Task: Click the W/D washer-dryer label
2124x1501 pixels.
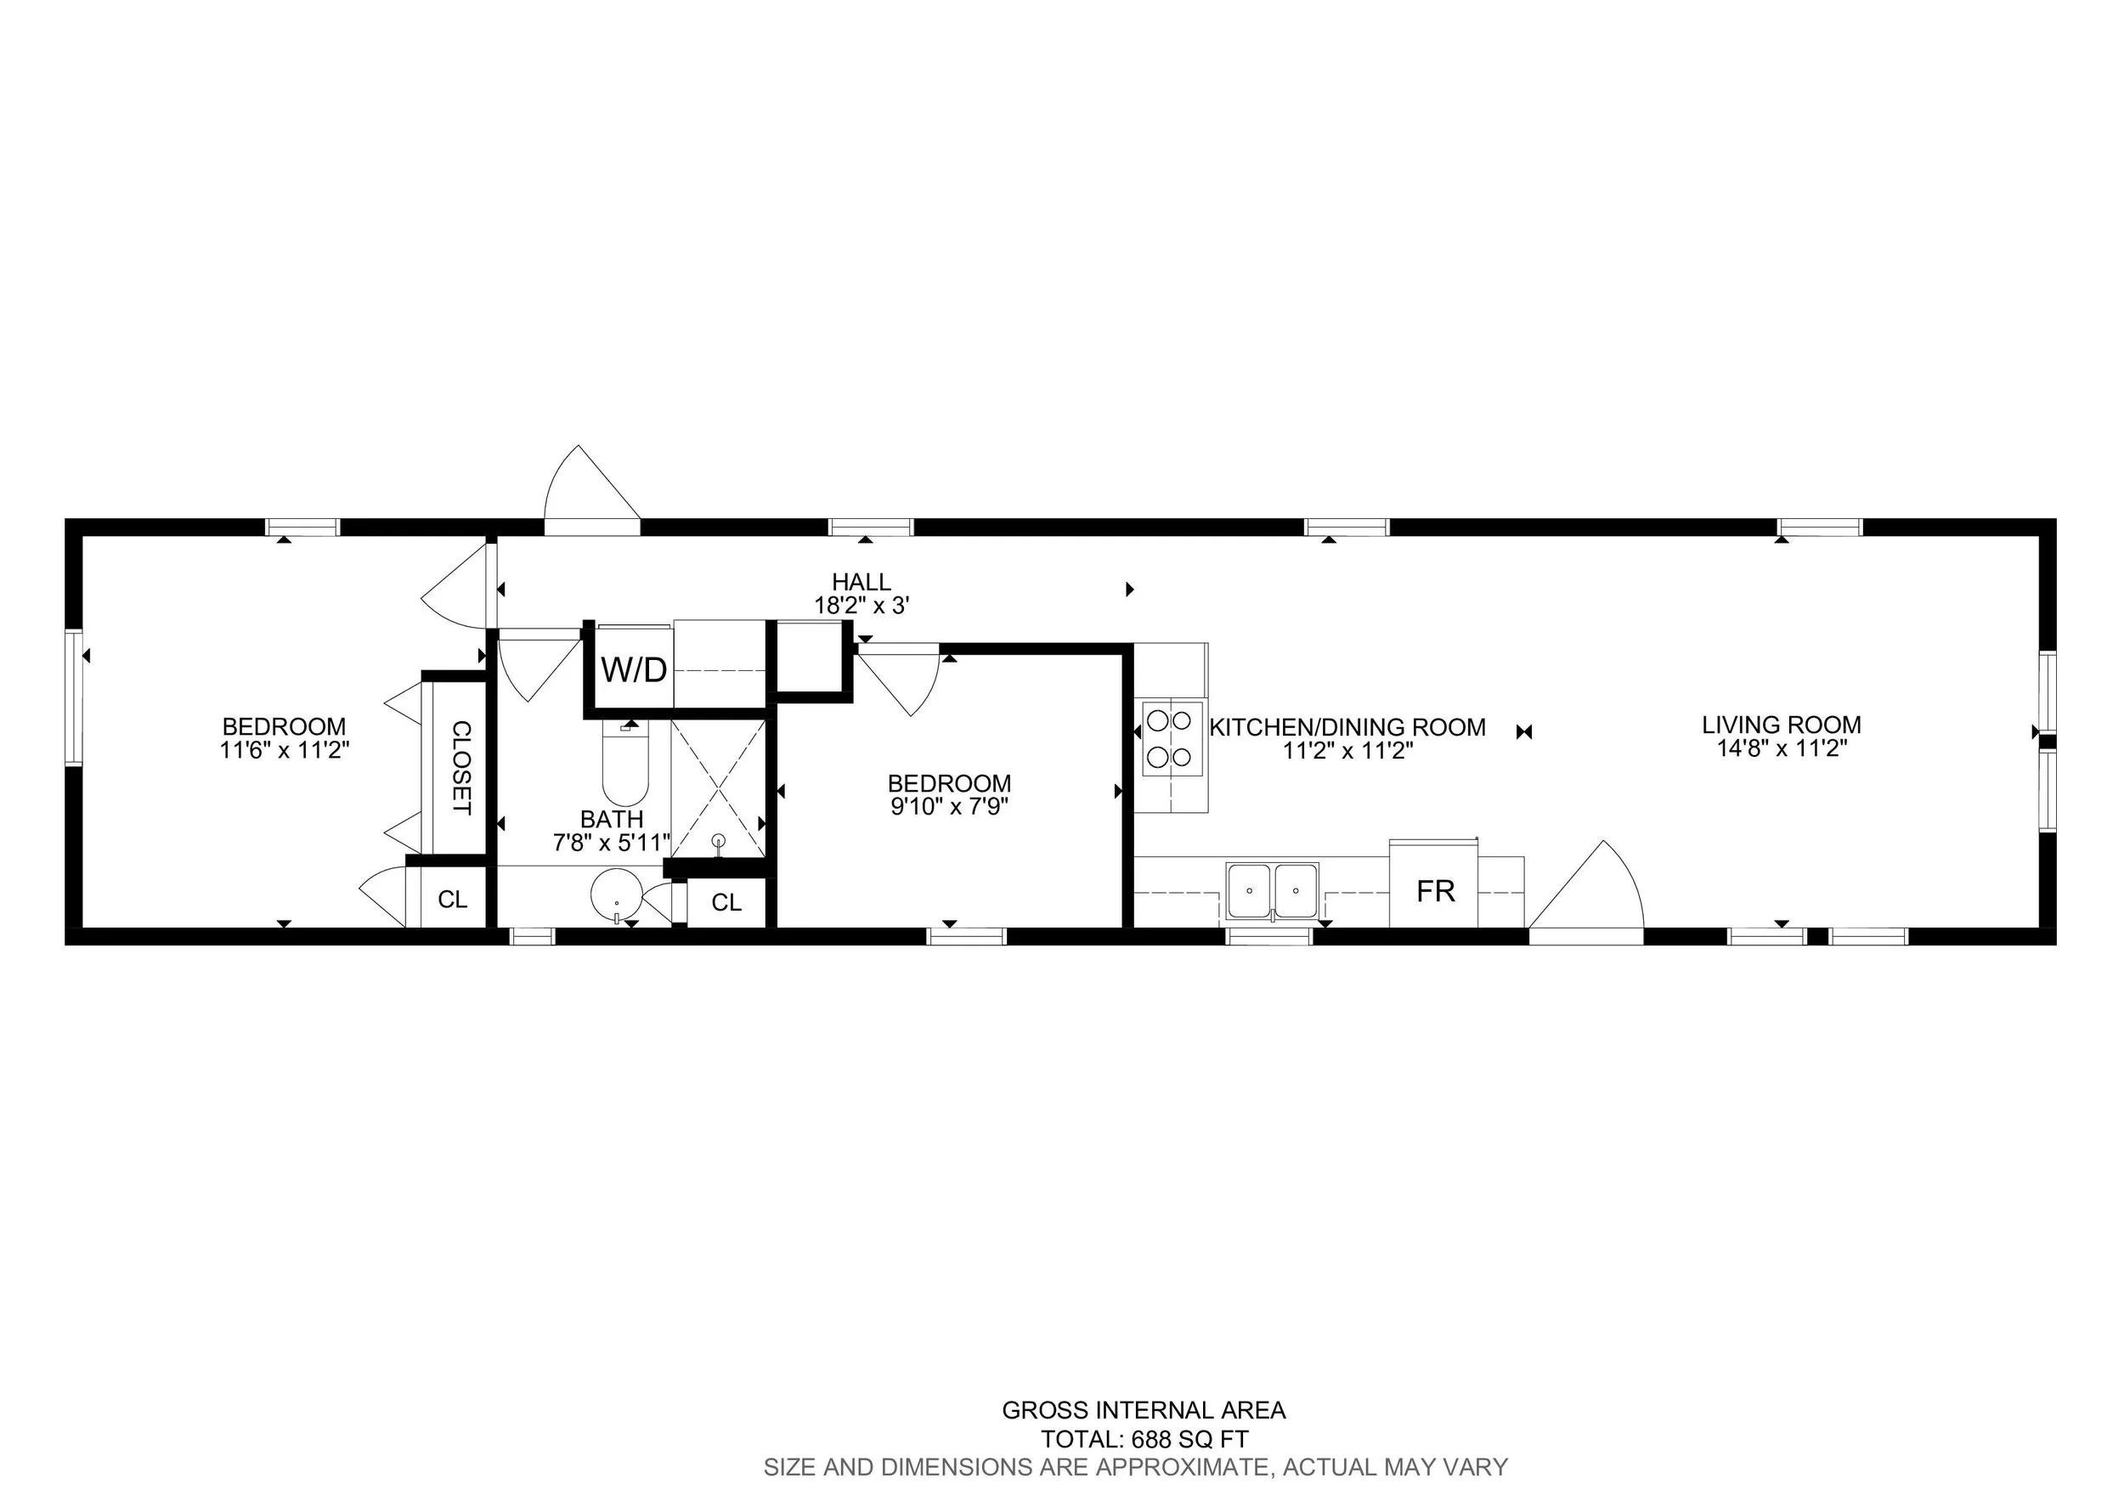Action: pos(634,669)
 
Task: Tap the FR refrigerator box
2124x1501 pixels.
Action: pos(1435,890)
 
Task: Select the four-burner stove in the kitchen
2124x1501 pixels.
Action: pos(1171,738)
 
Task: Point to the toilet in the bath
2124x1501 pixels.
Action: pos(625,765)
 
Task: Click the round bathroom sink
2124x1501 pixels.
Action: pos(616,893)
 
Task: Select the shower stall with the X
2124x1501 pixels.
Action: pos(719,788)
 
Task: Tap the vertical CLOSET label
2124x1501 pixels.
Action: pos(460,767)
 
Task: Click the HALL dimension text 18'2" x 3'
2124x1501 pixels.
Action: pos(861,607)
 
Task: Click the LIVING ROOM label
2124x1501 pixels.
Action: pos(1781,725)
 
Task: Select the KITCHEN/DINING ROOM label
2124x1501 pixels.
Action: pos(1347,728)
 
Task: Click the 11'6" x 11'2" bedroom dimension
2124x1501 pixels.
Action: pos(284,750)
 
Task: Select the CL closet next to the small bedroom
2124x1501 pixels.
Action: pos(726,903)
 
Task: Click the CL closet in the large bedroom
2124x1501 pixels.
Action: pos(452,899)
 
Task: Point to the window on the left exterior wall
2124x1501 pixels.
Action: pos(74,697)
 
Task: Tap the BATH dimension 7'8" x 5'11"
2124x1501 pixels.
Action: pos(612,843)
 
